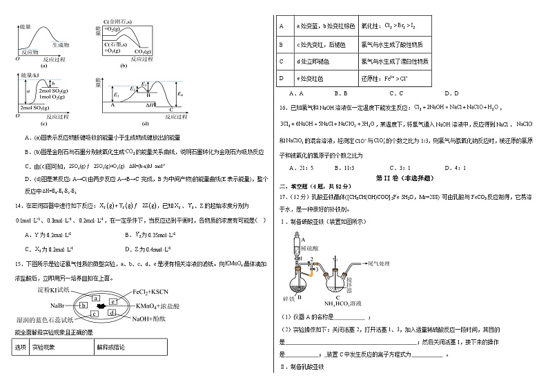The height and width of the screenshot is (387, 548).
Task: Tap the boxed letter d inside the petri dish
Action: click(111, 314)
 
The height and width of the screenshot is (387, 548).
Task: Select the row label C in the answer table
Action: click(282, 61)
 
